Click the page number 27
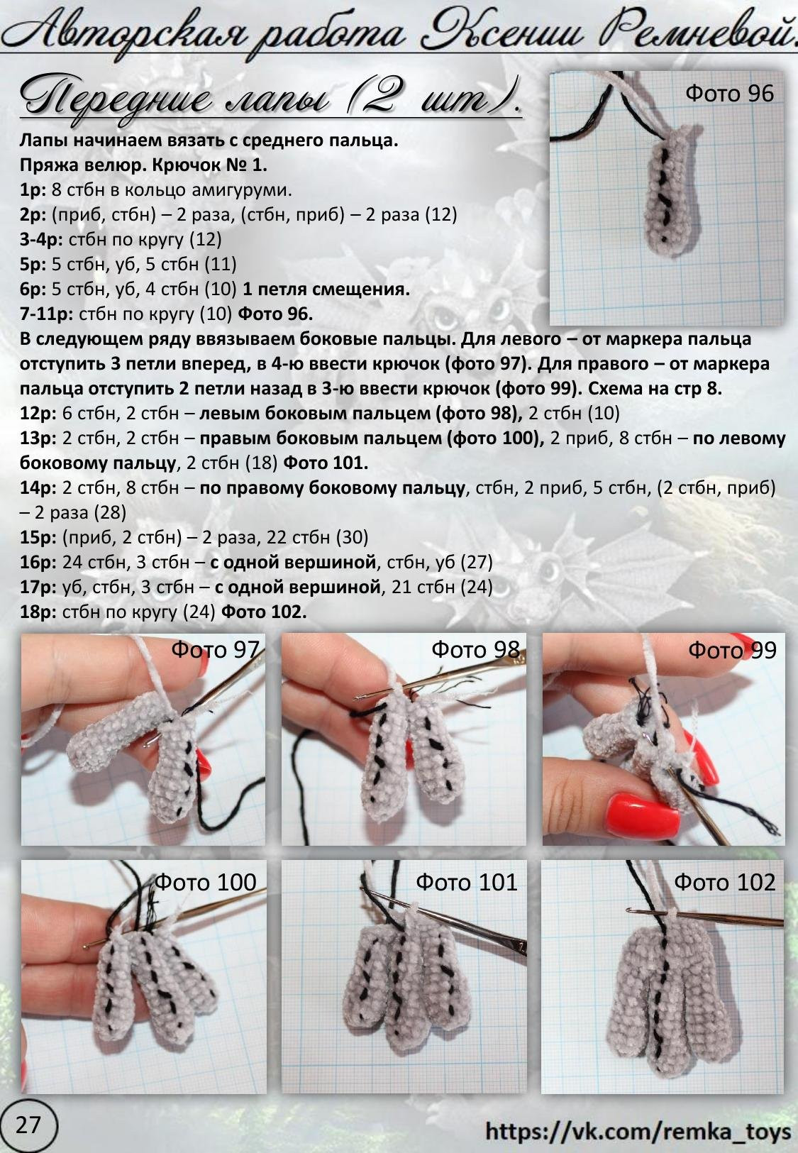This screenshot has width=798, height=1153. pos(28,1125)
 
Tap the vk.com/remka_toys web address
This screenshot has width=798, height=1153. pos(638,1132)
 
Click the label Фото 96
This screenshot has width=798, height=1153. pos(730,93)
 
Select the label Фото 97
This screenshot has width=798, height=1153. pos(215,650)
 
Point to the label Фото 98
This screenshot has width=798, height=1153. pos(475,650)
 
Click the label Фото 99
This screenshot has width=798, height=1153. pos(733,650)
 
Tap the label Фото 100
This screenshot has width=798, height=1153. pos(205,882)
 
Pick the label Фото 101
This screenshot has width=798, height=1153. pos(466,882)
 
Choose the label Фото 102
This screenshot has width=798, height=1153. pos(724,882)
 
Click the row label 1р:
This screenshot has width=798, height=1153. pos(33,191)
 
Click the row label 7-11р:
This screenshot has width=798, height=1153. pos(47,314)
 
